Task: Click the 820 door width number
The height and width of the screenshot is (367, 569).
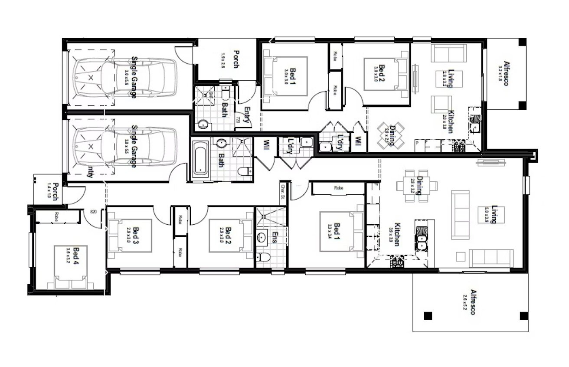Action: click(x=93, y=212)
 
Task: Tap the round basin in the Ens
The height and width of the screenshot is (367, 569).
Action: click(x=262, y=238)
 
